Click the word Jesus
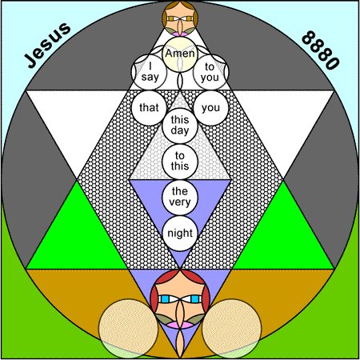[48, 45]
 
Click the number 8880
[321, 50]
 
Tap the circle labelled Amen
[180, 54]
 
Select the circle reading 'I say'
[150, 72]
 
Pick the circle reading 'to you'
[210, 72]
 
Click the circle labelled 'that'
[150, 108]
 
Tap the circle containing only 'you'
[210, 108]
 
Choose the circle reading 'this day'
[180, 126]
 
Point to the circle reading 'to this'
[180, 162]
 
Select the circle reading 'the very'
[180, 198]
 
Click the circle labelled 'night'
[180, 234]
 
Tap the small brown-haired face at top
[180, 18]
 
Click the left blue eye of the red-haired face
[166, 299]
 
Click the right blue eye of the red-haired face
[195, 299]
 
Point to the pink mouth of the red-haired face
[180, 325]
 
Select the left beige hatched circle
[128, 329]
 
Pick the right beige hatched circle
[232, 329]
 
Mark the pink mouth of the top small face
[180, 34]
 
